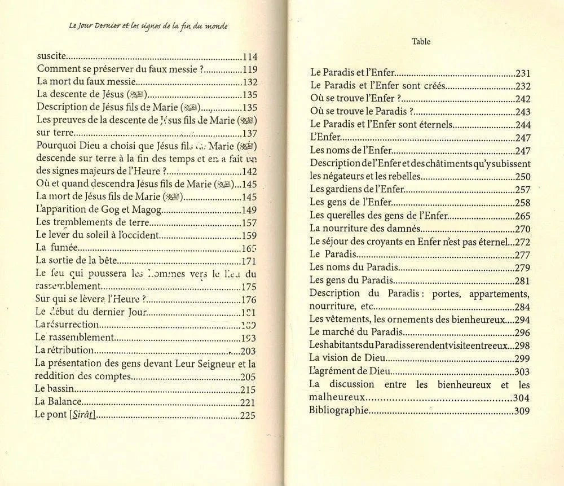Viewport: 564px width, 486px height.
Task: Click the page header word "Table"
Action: point(421,41)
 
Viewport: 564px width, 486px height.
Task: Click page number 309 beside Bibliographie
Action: point(522,411)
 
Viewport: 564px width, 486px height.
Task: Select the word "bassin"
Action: point(61,389)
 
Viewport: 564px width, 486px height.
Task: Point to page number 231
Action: point(523,73)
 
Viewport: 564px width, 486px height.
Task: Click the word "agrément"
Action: point(339,371)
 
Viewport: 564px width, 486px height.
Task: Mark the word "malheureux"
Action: point(337,397)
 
